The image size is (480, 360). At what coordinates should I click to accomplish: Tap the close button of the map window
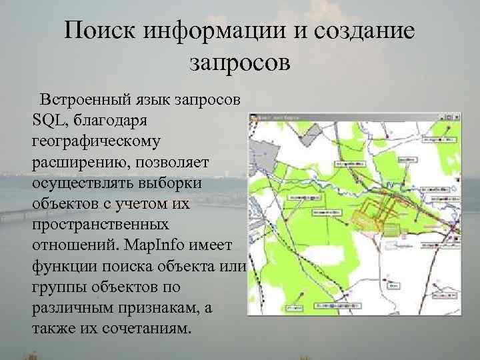[455, 117]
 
